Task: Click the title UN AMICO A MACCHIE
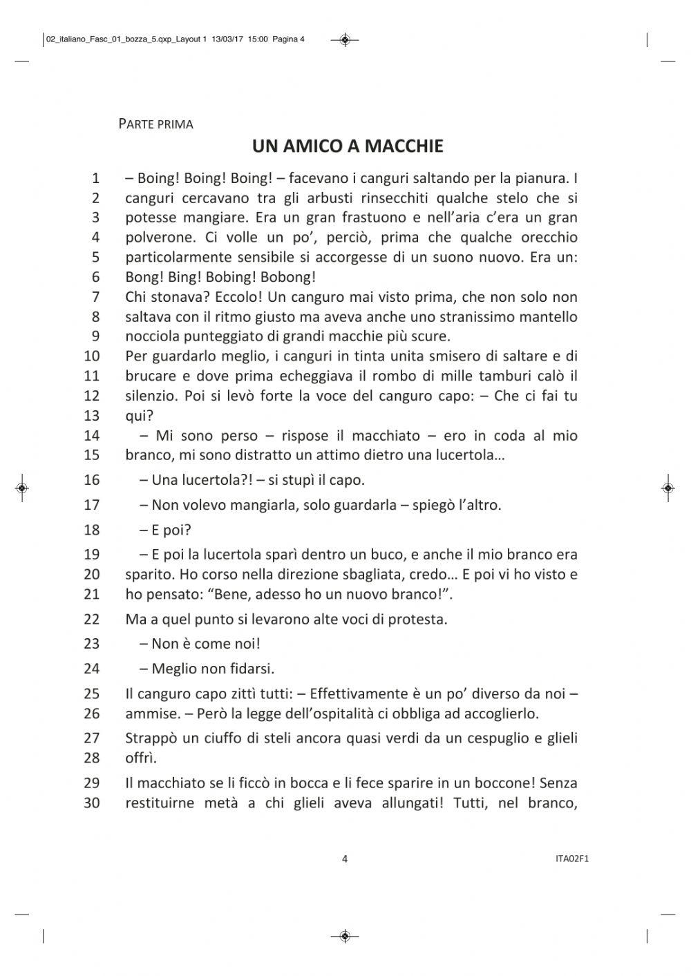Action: pos(347,146)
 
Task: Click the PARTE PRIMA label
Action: pos(155,124)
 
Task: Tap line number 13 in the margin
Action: pos(92,416)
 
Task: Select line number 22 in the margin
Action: pos(92,619)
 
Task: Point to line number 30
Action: pos(92,803)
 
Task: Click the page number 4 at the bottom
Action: pos(345,859)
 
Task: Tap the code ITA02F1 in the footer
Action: pos(566,859)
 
